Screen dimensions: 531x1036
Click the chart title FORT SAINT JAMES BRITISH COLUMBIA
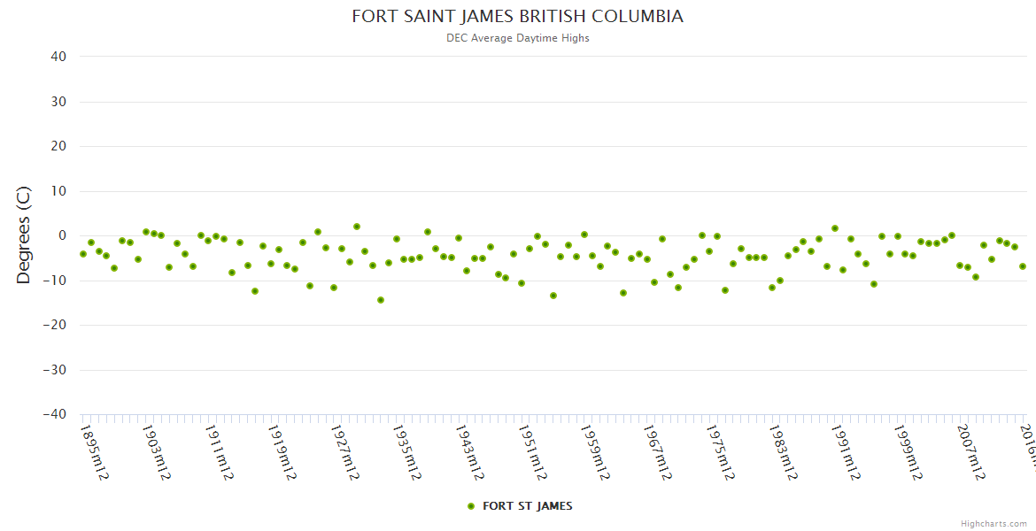click(x=517, y=17)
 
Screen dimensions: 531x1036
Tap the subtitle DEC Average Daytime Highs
click(x=518, y=38)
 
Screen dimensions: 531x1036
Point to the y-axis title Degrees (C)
click(x=24, y=235)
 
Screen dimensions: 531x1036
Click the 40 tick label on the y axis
click(x=58, y=57)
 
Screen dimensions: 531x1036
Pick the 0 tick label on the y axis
click(x=62, y=235)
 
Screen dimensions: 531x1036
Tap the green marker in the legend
click(x=471, y=506)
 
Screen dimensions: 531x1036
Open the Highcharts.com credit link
click(x=993, y=523)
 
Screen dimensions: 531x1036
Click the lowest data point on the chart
click(x=381, y=300)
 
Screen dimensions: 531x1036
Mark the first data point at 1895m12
click(x=83, y=254)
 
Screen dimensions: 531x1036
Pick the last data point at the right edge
click(x=1023, y=266)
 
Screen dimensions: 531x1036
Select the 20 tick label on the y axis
click(x=58, y=146)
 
